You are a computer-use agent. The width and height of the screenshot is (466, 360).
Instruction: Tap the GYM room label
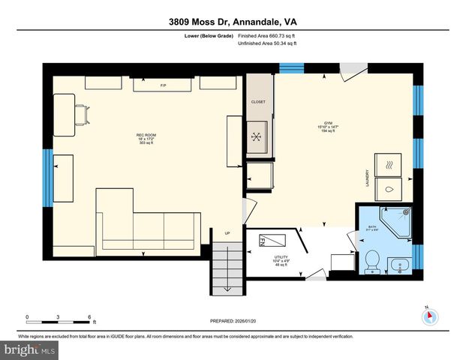[328, 123]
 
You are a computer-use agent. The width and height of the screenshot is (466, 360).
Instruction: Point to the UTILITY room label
[281, 256]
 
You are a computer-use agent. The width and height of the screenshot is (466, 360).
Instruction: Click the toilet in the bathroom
[370, 262]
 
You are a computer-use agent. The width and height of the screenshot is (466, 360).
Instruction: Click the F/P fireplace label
[163, 85]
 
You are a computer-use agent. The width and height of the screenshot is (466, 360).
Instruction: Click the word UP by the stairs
[228, 232]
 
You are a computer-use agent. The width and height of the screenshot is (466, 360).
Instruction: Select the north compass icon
[428, 316]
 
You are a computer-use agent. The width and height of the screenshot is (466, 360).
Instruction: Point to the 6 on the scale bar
[89, 317]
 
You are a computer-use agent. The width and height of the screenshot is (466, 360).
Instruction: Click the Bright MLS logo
[30, 350]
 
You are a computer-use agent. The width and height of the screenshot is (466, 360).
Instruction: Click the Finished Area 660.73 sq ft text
[267, 35]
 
